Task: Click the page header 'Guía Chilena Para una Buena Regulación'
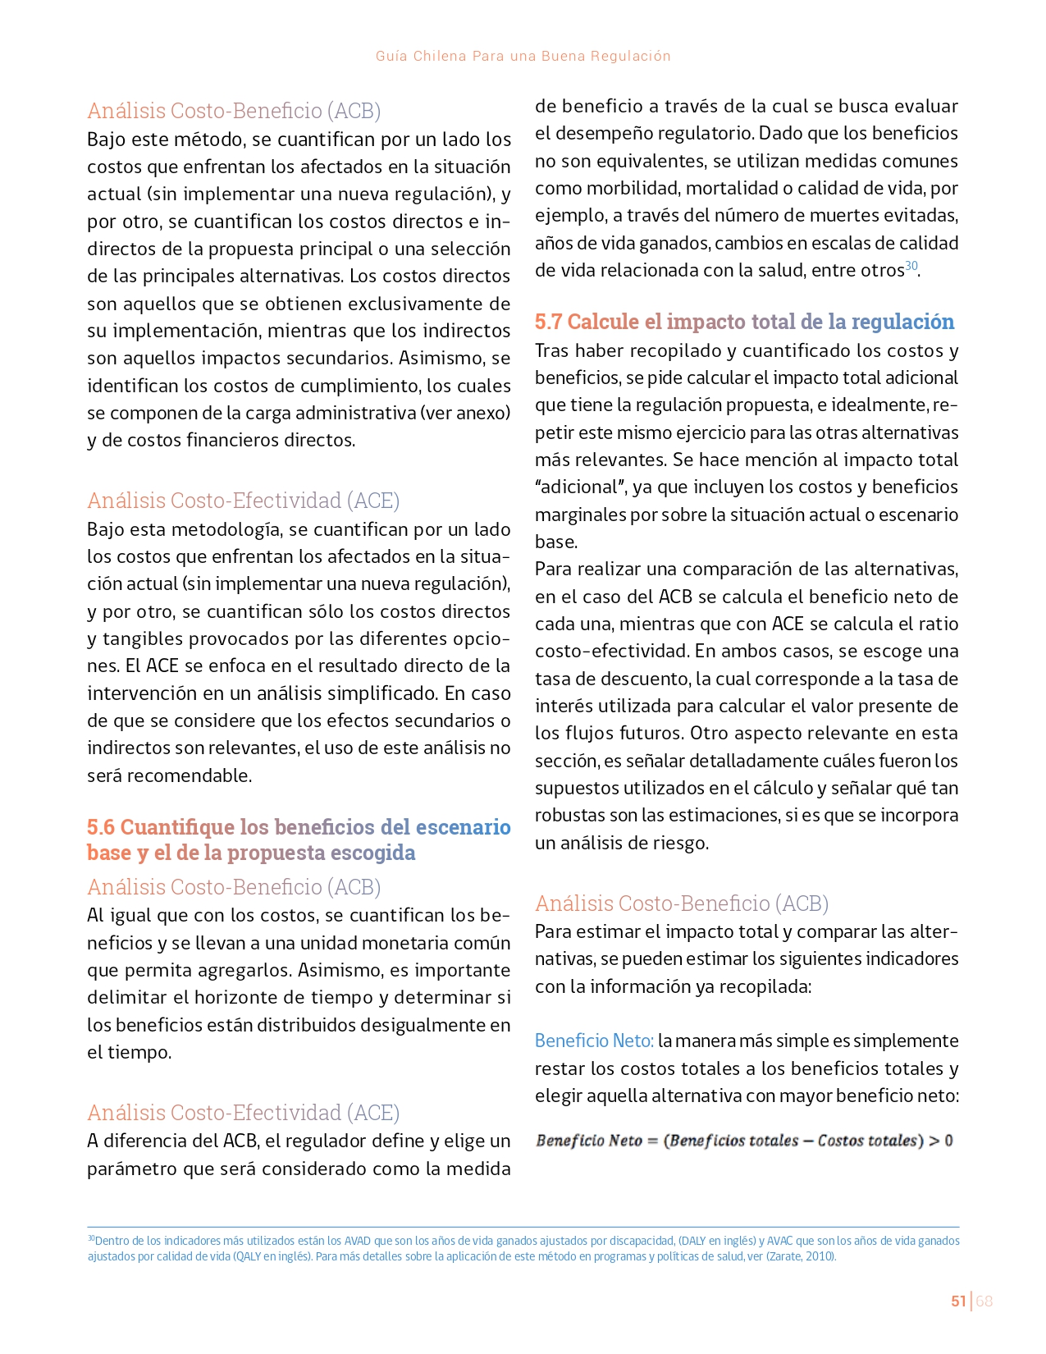[523, 56]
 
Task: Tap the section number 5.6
[101, 826]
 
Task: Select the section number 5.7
[549, 321]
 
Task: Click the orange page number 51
[957, 1301]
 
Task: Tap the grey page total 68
[984, 1301]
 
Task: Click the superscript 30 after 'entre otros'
[911, 266]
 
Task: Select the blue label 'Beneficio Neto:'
[594, 1041]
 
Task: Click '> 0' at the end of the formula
[940, 1140]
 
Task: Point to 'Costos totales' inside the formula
[866, 1140]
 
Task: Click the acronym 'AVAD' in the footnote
[358, 1240]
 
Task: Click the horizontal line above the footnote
[523, 1227]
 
